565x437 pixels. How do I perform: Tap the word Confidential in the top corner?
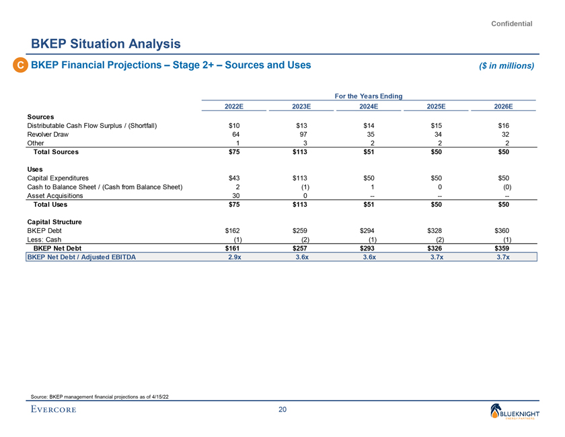click(x=512, y=24)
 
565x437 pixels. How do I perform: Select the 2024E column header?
click(x=367, y=106)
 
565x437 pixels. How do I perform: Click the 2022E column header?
click(x=234, y=106)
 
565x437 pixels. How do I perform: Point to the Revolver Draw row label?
click(x=50, y=135)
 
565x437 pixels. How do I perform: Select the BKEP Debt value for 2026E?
click(x=502, y=230)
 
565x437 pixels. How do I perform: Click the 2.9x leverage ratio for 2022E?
click(x=233, y=257)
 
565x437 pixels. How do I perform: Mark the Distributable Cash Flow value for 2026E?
click(x=502, y=125)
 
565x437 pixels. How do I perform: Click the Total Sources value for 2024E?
click(x=368, y=152)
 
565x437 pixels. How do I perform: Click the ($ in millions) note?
click(x=501, y=66)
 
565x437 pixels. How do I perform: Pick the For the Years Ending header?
click(x=368, y=96)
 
